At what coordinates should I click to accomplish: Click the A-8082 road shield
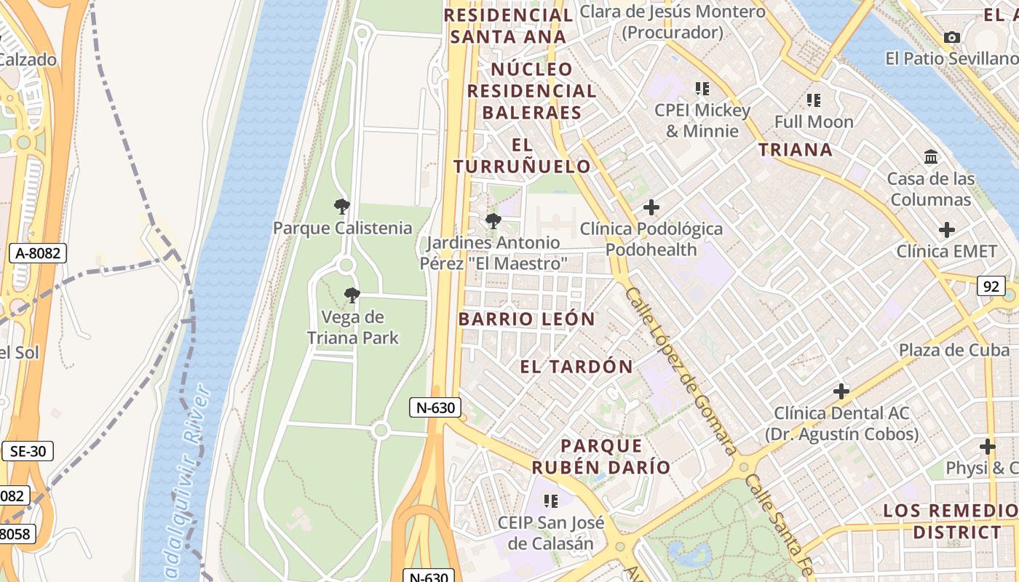38,253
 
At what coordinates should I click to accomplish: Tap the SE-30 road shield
28,451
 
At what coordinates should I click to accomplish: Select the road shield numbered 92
991,286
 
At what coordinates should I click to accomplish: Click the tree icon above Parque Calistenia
342,207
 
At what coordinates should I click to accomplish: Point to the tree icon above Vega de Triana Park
352,295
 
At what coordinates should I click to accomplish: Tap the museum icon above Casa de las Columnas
931,156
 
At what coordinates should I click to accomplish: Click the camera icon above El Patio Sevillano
951,37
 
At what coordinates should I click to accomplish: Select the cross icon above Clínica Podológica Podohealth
651,207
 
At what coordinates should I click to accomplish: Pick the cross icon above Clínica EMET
947,230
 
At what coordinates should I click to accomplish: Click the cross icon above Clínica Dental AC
841,391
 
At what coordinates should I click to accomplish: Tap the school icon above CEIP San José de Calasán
551,501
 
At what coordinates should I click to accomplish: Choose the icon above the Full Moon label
814,100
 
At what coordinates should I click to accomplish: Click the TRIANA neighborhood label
796,150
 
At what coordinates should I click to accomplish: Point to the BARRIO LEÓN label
527,319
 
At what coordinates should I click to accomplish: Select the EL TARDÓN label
576,367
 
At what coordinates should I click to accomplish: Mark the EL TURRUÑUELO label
523,156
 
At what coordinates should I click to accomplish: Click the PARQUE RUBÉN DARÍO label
601,456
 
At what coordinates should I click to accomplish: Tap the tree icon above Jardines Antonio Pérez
493,221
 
